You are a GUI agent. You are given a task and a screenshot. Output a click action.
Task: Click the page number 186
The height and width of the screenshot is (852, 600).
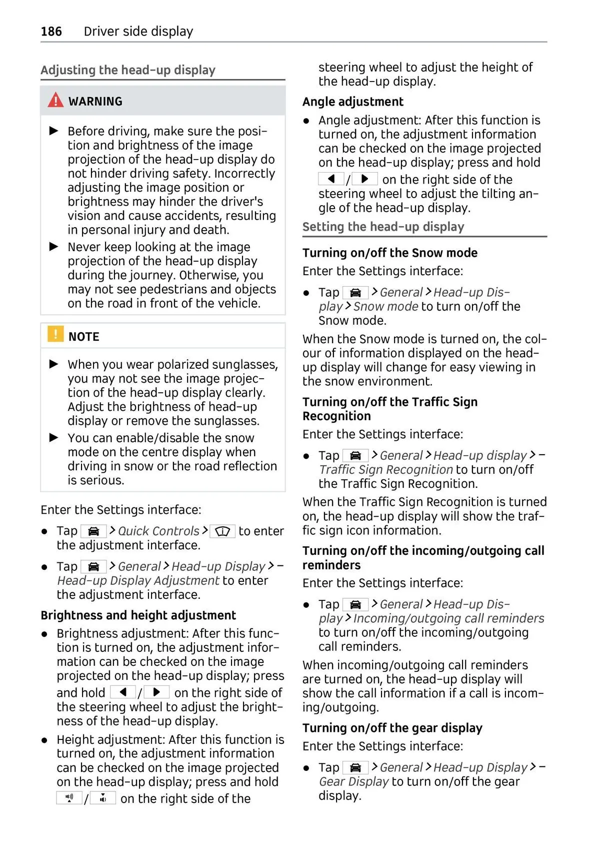[51, 32]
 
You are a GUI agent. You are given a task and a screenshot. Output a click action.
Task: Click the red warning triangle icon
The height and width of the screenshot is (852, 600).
[55, 101]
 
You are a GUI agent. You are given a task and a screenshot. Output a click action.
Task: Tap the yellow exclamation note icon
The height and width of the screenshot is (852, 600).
[55, 334]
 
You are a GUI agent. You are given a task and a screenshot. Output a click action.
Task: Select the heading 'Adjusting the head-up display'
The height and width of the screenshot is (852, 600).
[128, 70]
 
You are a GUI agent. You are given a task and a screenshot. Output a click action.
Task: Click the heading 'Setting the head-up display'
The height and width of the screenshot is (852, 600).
[383, 227]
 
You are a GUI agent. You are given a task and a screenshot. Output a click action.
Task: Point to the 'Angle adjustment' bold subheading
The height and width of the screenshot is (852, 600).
[352, 102]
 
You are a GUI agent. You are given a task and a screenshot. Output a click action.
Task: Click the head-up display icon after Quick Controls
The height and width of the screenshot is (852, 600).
[222, 531]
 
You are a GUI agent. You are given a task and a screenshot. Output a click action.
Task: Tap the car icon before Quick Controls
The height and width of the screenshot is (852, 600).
[93, 531]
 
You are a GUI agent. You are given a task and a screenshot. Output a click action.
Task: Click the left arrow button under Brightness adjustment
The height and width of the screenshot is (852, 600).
[122, 692]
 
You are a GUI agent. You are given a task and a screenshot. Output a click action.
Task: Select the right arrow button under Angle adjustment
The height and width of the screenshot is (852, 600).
[364, 179]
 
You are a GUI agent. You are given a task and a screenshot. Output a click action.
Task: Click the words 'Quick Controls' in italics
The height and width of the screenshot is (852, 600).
[158, 531]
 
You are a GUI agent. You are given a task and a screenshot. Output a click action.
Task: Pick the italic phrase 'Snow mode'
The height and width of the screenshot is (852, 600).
[385, 306]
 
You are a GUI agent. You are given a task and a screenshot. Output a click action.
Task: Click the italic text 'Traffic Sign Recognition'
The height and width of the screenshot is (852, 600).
[386, 470]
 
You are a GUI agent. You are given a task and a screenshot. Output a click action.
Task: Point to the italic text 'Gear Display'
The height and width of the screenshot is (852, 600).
[353, 781]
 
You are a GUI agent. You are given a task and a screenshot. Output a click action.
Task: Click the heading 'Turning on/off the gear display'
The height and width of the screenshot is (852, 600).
[392, 728]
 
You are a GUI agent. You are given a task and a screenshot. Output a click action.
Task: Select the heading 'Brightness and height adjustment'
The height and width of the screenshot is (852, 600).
[138, 615]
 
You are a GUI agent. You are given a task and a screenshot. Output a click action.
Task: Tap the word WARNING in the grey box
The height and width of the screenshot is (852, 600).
[95, 101]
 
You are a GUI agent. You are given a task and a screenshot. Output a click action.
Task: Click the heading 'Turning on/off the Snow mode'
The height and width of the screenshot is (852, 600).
[389, 253]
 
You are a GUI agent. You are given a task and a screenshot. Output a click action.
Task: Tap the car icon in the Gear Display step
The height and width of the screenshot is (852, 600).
[355, 767]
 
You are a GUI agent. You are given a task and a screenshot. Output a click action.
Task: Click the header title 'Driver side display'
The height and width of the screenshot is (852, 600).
[138, 32]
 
